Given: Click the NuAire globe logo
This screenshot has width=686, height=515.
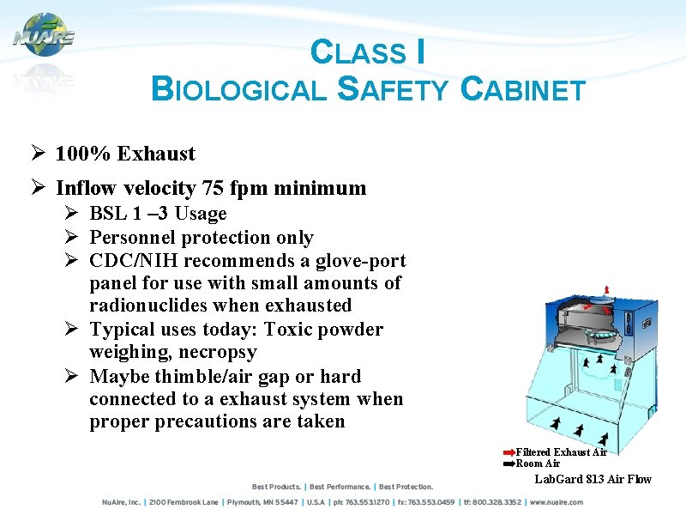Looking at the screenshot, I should (42, 35).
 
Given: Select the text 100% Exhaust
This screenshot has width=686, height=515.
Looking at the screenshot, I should (125, 154).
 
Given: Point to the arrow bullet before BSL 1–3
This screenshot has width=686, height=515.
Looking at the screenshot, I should (72, 214).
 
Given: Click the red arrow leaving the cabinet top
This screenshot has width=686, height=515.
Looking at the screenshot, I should (607, 289).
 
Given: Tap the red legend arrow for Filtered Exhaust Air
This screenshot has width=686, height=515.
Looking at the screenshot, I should (508, 452).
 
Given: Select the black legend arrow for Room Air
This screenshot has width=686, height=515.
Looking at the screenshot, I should (508, 463).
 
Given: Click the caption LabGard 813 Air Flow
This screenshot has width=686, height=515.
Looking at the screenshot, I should (593, 479).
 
